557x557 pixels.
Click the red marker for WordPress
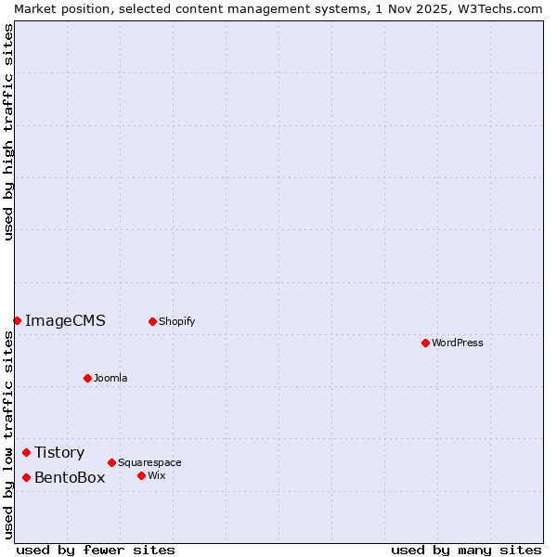[425, 343]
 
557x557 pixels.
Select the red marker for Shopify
[152, 321]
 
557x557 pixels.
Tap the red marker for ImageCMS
[17, 320]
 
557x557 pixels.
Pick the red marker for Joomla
[87, 378]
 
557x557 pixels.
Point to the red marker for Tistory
[26, 452]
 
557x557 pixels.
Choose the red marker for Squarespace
[111, 462]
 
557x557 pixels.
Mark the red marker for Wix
[141, 475]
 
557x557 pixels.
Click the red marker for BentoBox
[26, 477]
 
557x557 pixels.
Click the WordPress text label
[458, 343]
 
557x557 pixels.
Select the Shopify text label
[176, 321]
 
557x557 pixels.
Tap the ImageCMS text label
[65, 321]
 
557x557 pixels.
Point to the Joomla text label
[110, 378]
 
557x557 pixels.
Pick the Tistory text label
[59, 453]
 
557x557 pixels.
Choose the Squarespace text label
[149, 462]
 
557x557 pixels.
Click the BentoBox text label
[70, 478]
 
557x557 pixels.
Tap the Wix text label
[157, 475]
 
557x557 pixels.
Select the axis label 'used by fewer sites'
[96, 550]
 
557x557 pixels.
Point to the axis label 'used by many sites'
[466, 550]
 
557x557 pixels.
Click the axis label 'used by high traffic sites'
[8, 132]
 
